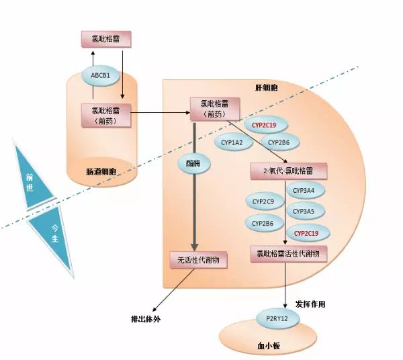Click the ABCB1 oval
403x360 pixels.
coord(101,75)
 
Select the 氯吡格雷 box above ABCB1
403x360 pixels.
coord(106,40)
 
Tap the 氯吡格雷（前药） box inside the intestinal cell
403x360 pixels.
coord(106,116)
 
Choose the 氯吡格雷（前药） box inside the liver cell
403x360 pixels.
coord(215,109)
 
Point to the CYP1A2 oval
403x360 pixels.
coord(233,142)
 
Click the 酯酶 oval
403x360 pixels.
coord(194,163)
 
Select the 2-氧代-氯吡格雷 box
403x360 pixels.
coord(288,171)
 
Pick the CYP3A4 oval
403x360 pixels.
coord(306,190)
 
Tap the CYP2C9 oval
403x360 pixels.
coord(265,201)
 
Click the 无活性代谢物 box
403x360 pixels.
coord(198,260)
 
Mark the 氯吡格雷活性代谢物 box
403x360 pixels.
coord(288,254)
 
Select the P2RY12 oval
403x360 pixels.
coord(277,318)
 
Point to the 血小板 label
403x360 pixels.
coord(269,346)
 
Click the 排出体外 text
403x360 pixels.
coord(146,319)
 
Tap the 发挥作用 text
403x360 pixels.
coord(310,304)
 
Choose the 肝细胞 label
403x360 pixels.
coord(267,88)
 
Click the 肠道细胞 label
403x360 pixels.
coord(101,171)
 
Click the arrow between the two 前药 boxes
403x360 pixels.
coord(161,112)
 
